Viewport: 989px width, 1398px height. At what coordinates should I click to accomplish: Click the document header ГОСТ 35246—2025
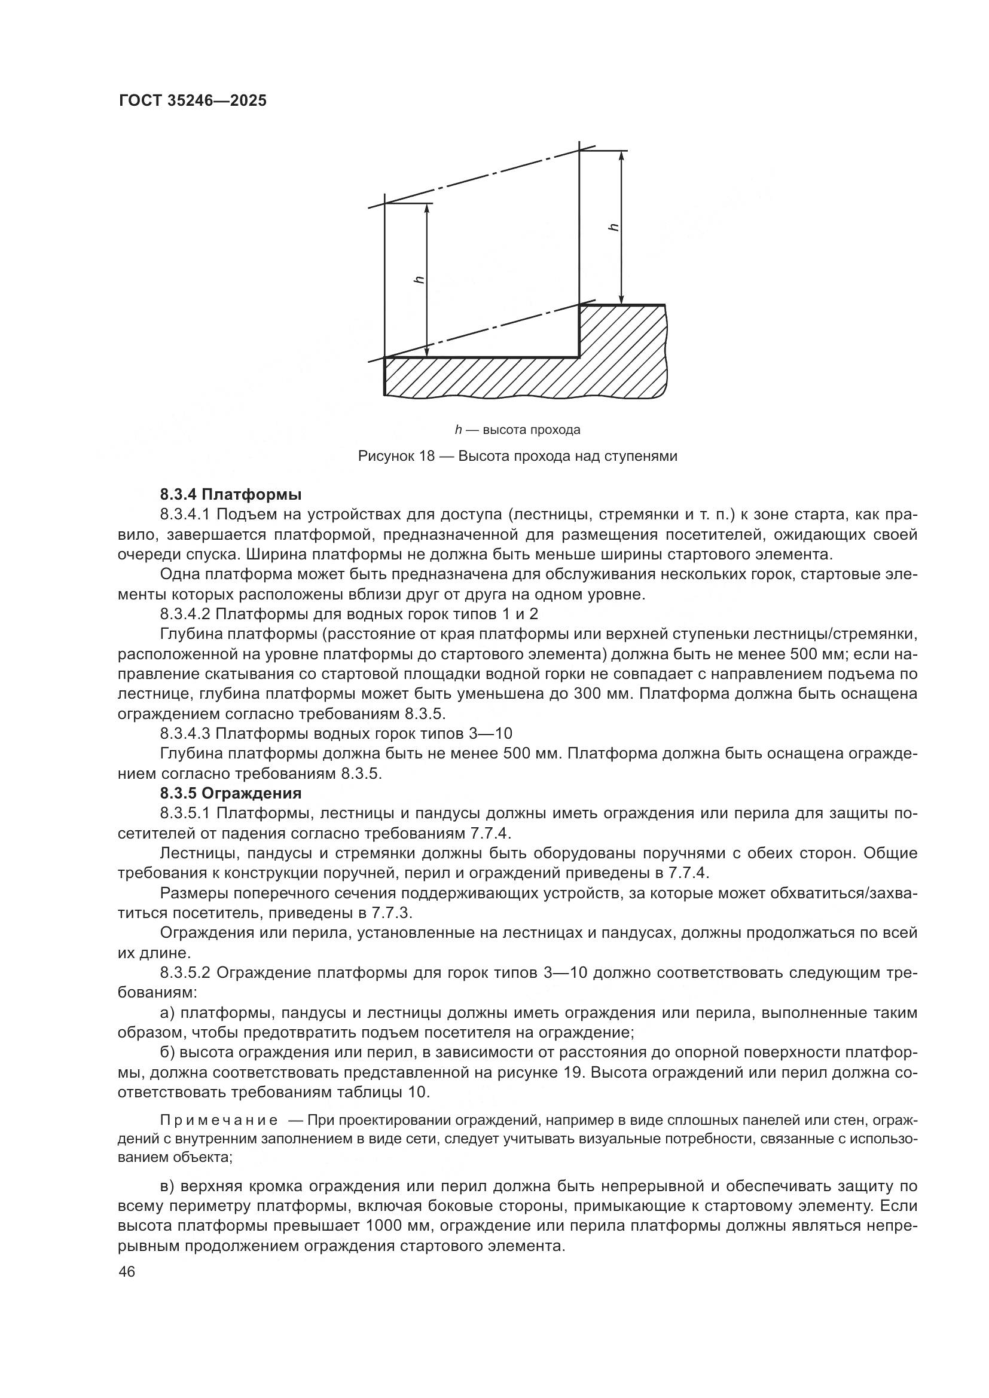pyautogui.click(x=193, y=101)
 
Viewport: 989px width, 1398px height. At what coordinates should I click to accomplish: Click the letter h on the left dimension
pyautogui.click(x=419, y=280)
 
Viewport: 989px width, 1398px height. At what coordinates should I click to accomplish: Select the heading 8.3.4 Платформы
pyautogui.click(x=231, y=494)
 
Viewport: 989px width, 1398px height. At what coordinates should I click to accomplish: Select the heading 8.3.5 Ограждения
pyautogui.click(x=231, y=793)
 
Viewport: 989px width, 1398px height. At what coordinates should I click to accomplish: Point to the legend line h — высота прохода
pyautogui.click(x=517, y=430)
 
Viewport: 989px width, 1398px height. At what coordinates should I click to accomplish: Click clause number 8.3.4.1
pyautogui.click(x=185, y=514)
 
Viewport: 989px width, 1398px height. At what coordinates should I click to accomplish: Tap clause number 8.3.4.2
pyautogui.click(x=185, y=613)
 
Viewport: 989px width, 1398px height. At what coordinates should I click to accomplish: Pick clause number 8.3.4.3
pyautogui.click(x=185, y=733)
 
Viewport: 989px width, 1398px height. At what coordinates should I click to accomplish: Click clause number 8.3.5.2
pyautogui.click(x=185, y=972)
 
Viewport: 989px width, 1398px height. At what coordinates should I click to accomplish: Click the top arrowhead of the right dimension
pyautogui.click(x=621, y=156)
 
